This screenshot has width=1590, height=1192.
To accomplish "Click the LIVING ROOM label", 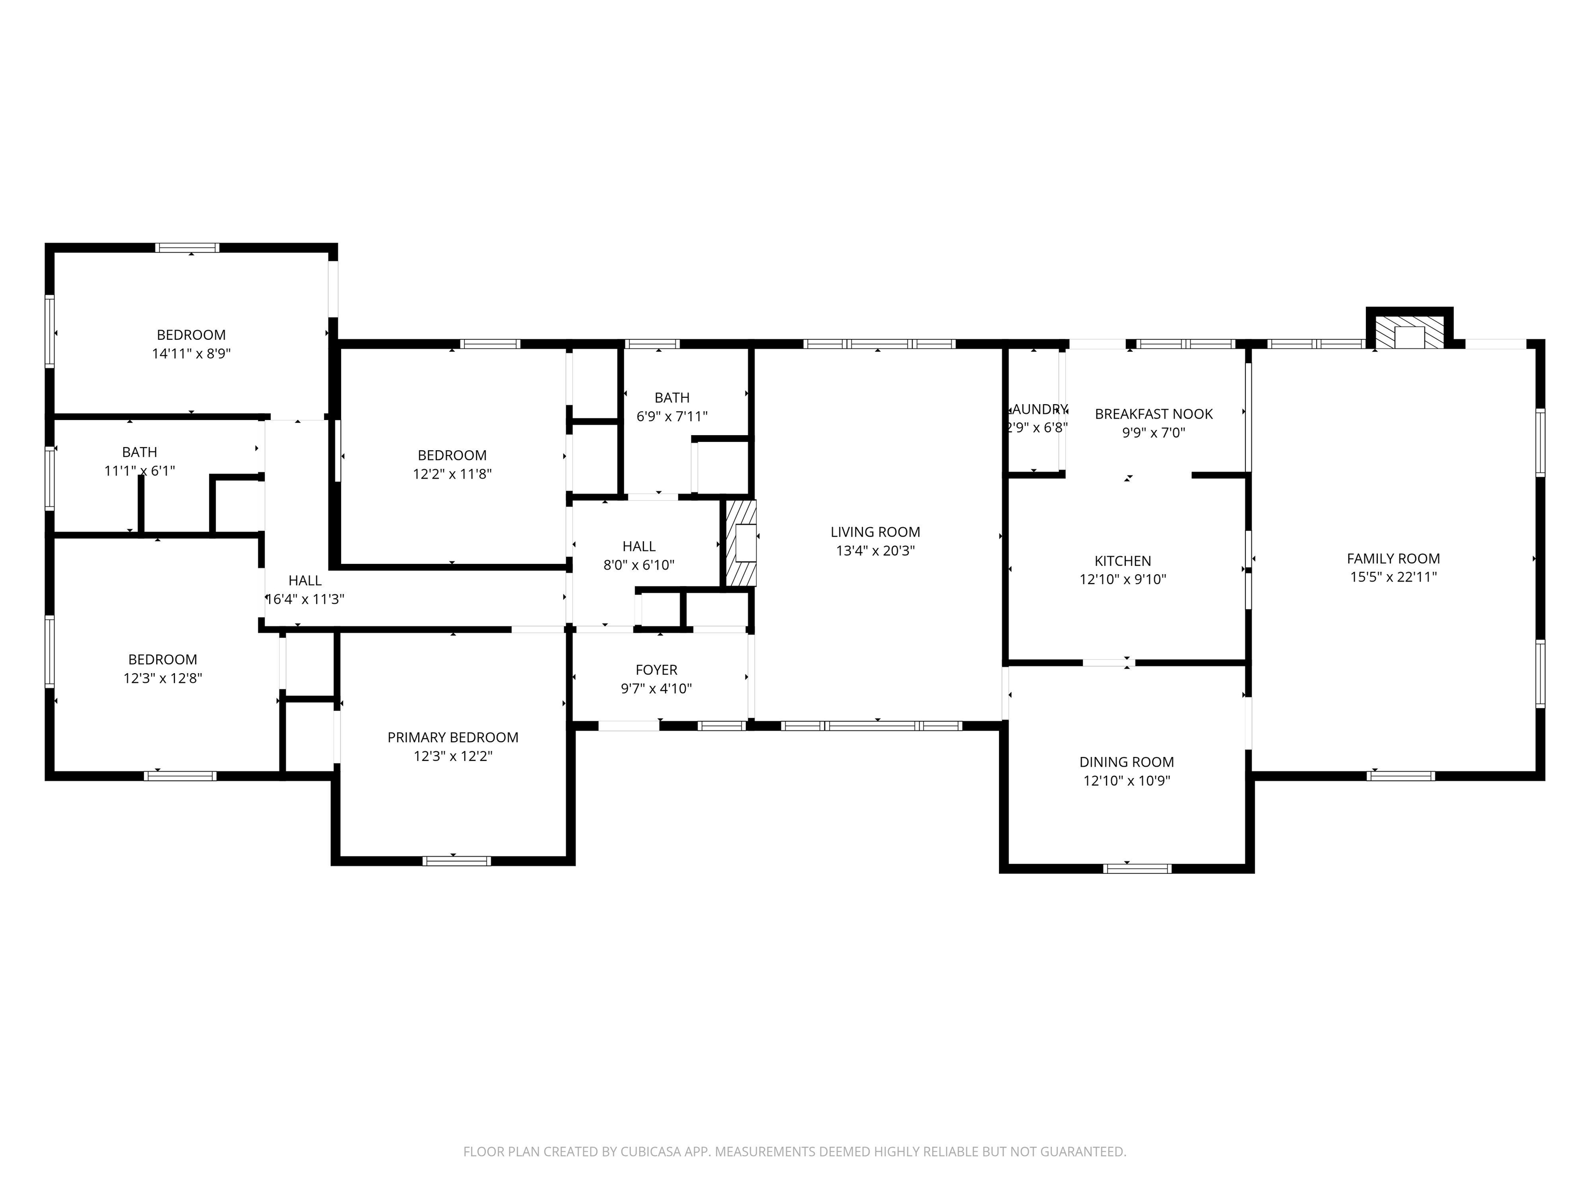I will coord(875,532).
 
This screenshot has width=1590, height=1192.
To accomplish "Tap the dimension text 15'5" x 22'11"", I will coord(1393,577).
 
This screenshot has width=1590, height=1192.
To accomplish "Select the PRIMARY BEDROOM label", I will coord(452,737).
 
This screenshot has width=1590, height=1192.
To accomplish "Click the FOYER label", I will coord(656,669).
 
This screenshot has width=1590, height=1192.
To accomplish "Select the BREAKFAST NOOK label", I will coord(1153,414).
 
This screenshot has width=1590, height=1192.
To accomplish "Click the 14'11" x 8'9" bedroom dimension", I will coord(190,353).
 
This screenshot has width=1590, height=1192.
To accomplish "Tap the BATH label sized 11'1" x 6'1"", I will coord(139,452).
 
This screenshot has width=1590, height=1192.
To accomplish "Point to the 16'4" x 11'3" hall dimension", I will coord(305,599).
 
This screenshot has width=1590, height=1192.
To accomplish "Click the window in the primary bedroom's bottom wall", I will coord(457,860).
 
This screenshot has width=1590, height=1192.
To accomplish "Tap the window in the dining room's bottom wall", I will coord(1137,868).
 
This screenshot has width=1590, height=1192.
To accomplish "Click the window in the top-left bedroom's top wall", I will coord(187,248).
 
